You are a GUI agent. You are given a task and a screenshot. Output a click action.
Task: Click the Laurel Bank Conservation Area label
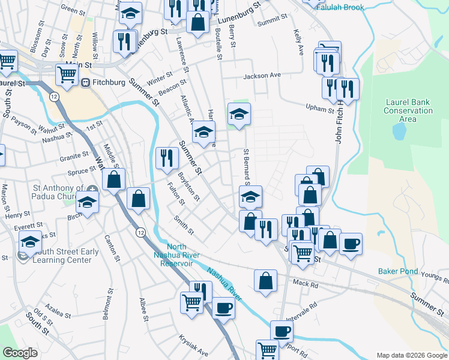pos(408,110)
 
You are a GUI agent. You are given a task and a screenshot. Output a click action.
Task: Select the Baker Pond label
pos(397,271)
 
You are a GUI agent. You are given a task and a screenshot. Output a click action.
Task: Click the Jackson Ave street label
pos(262,76)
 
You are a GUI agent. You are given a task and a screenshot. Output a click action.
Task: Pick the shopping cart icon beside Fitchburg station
pos(67,75)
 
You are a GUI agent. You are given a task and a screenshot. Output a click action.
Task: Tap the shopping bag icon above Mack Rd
pos(265,281)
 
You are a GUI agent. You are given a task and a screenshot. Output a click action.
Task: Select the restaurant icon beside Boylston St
pos(166,158)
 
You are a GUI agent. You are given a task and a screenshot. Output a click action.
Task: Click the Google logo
pos(20,353)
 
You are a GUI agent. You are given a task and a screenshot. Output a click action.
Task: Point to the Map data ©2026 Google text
pos(411,355)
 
